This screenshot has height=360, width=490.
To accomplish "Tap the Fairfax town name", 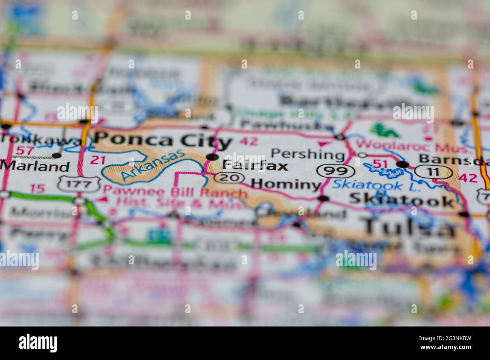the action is tap(255, 166).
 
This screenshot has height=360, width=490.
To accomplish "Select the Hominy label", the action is tap(286, 184).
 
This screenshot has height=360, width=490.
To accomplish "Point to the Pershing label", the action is tap(308, 154).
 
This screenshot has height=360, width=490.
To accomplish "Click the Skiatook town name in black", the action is tap(402, 200).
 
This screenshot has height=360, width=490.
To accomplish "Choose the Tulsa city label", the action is tap(409, 227).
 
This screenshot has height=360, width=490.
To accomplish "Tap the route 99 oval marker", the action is tap(336, 171).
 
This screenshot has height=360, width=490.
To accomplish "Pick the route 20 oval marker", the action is tap(229, 177).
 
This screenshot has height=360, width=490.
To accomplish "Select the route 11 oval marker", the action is tap(433, 172).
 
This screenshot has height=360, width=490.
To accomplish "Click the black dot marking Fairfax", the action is tap(213, 157).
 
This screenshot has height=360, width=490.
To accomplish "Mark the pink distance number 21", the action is tap(98, 160).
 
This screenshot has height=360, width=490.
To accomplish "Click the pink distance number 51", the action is tap(380, 163).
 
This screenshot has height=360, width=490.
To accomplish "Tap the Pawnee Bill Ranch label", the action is tap(175, 193).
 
